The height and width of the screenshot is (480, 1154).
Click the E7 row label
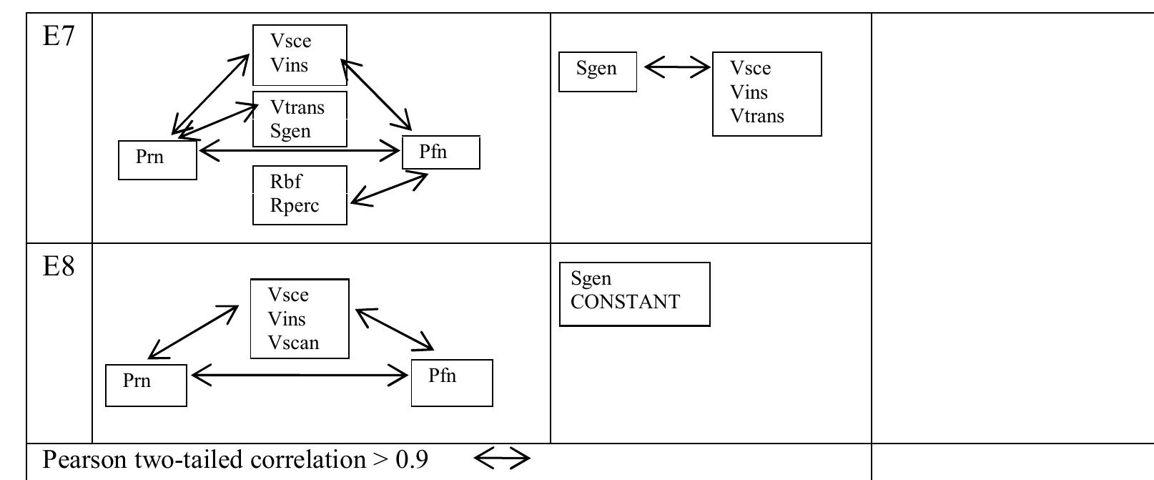point(59,36)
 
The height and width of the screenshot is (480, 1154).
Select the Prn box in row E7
point(157,160)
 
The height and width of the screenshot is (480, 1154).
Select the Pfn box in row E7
point(440,152)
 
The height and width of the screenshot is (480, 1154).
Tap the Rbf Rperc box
point(300,195)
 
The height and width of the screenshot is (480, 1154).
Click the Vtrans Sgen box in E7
point(300,119)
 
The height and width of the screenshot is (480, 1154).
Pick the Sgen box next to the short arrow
point(597,72)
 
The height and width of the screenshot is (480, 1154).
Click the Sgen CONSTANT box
point(634,294)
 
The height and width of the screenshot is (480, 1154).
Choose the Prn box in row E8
point(146,385)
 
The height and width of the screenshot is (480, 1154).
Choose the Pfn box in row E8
point(452,383)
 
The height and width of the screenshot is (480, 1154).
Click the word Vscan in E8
point(293,343)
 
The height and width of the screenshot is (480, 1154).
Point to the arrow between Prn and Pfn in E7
point(299,150)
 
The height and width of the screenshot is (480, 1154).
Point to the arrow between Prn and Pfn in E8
point(299,375)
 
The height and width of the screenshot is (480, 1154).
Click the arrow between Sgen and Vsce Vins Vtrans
point(677,68)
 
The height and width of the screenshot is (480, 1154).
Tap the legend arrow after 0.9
point(501,458)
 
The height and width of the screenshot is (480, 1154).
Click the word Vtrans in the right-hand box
point(757,116)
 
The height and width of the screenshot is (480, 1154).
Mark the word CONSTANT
point(626,302)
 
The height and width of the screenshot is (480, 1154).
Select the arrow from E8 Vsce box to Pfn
point(395,329)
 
